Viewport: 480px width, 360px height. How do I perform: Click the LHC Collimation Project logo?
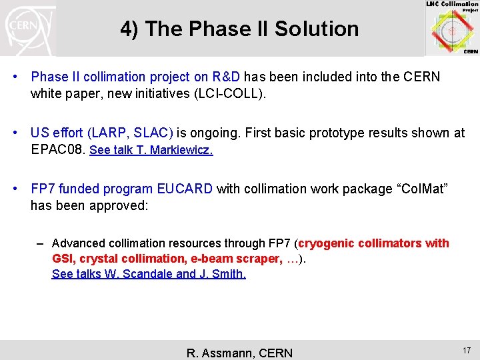click(451, 28)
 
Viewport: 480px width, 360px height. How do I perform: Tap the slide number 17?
click(466, 349)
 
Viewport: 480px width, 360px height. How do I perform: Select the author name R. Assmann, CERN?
click(239, 353)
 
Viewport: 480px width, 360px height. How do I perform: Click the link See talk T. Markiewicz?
click(151, 150)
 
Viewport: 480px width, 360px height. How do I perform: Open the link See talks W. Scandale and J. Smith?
click(149, 274)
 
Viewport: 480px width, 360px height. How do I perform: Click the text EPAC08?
click(57, 150)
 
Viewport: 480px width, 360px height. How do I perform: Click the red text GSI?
click(63, 259)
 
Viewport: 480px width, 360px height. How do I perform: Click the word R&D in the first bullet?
click(225, 77)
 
